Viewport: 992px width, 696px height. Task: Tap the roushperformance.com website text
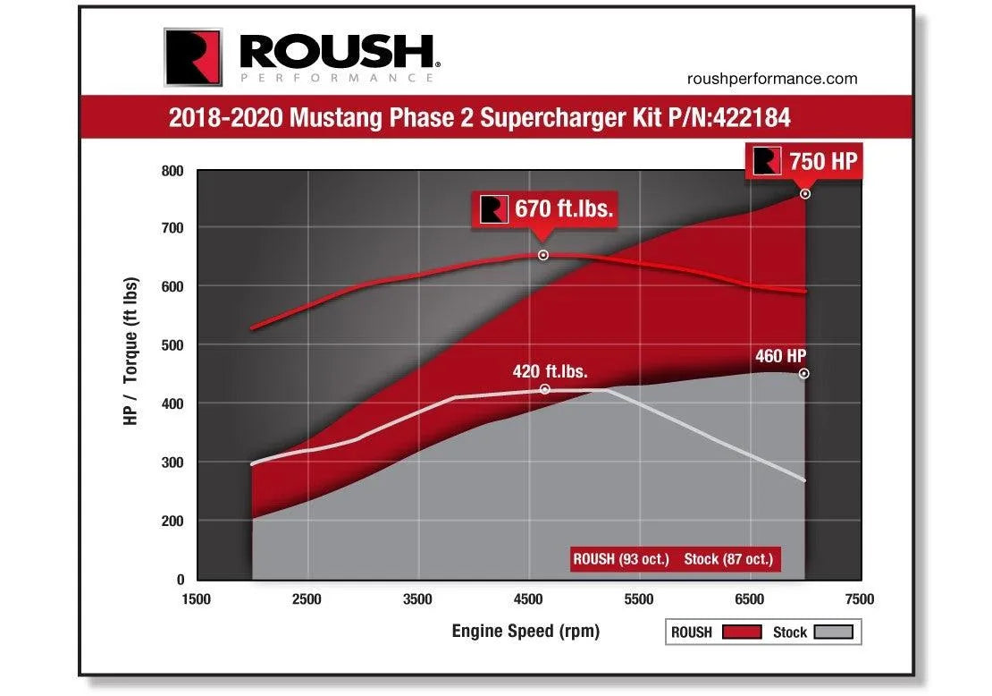(x=772, y=79)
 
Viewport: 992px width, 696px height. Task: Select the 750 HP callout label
(x=821, y=161)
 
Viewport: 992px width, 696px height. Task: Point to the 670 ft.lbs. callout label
(x=563, y=209)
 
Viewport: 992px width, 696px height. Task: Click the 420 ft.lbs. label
(x=550, y=370)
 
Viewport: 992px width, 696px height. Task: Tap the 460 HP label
(x=780, y=356)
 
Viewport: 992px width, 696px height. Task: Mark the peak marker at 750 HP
(x=805, y=193)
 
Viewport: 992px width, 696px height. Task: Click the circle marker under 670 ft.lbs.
(x=543, y=255)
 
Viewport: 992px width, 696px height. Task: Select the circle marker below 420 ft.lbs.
(x=545, y=389)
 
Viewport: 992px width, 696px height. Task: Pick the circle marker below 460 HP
(x=804, y=374)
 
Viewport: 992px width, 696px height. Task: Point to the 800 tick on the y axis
(x=172, y=171)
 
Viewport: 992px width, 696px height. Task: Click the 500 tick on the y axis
(x=172, y=345)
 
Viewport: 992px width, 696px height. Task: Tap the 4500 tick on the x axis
(x=528, y=598)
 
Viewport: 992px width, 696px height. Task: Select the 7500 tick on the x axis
(x=859, y=598)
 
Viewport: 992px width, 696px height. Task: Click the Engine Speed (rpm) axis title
(x=525, y=631)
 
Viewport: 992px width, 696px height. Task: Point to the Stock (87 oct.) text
(x=727, y=559)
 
